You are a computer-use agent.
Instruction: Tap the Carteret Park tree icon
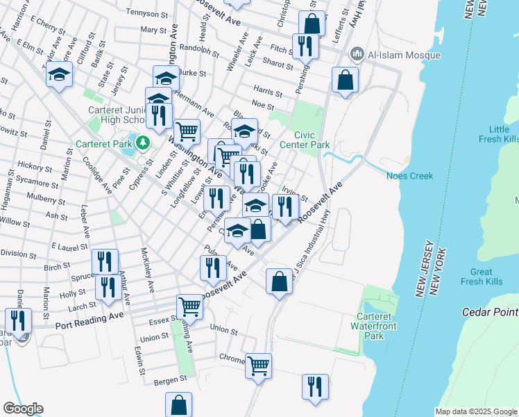tap(144, 142)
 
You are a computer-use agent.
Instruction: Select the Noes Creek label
tap(410, 176)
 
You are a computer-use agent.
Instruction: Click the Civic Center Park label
tap(312, 140)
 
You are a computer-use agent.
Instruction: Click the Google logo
tap(23, 408)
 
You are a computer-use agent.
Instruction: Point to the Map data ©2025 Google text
tap(475, 411)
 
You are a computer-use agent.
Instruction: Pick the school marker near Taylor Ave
tap(60, 74)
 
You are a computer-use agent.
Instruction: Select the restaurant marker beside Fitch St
tap(305, 46)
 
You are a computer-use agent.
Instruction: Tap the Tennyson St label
tap(148, 11)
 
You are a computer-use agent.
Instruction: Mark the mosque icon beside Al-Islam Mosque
tap(357, 54)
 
